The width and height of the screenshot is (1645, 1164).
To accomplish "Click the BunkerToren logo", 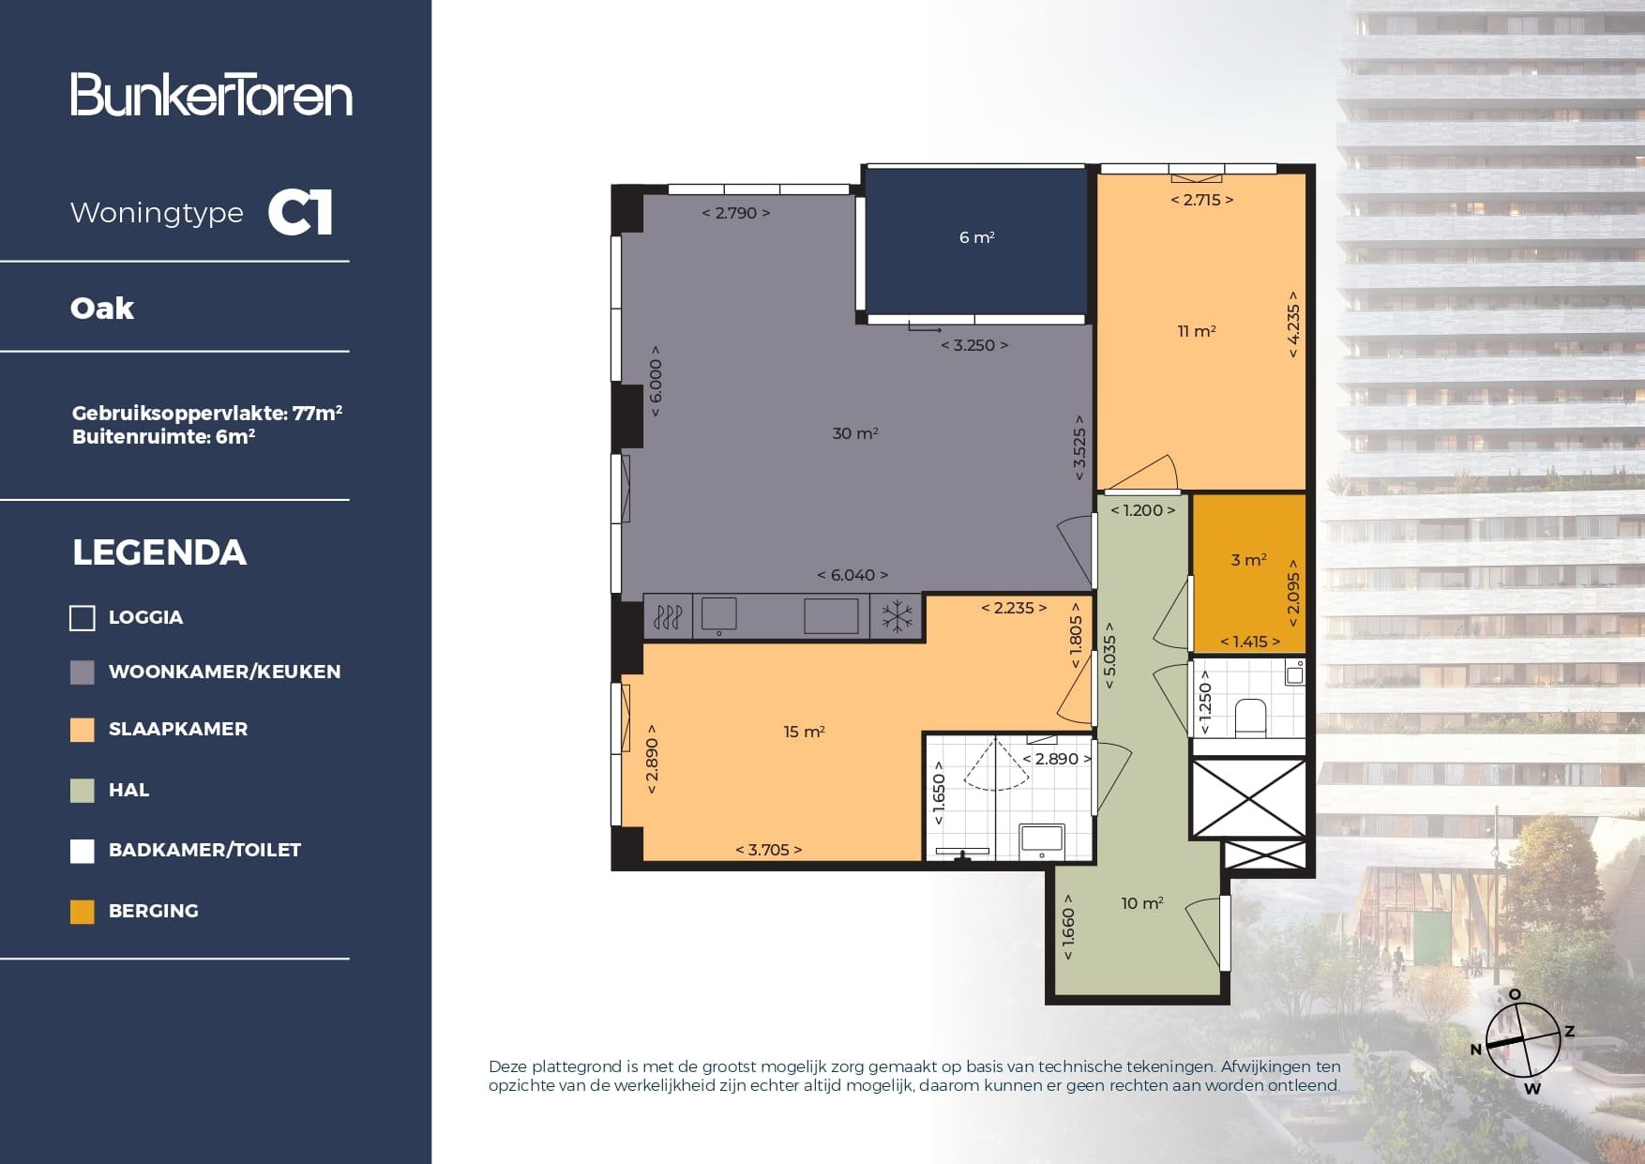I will click(211, 95).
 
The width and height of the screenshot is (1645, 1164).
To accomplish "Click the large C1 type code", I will click(300, 213).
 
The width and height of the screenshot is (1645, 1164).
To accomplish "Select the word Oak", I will click(102, 309).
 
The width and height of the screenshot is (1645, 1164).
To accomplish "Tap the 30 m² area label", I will click(854, 433).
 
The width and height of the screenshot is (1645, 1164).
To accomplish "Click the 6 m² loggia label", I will click(976, 237).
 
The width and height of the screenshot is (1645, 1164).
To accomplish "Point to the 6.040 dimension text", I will click(852, 575).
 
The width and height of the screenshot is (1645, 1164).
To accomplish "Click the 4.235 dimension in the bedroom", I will click(1292, 324).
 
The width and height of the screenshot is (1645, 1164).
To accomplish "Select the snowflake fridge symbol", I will click(897, 617).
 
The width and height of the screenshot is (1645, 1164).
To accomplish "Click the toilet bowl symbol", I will click(1250, 717).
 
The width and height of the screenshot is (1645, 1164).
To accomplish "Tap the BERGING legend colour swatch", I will click(83, 912).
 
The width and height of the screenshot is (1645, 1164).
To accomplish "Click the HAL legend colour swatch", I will click(83, 791).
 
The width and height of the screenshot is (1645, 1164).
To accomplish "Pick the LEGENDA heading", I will click(159, 552).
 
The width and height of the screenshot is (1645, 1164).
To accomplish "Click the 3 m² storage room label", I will click(1248, 560).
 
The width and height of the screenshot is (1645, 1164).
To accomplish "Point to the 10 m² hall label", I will click(1141, 903).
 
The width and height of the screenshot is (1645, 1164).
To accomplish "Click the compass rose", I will click(1522, 1040).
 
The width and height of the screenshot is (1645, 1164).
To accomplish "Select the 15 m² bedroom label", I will click(804, 732).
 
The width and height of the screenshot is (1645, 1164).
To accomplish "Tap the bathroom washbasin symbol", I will click(1042, 838).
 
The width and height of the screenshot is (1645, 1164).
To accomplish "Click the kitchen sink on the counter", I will click(718, 615).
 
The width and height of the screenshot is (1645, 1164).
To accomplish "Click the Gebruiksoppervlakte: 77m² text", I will click(206, 413).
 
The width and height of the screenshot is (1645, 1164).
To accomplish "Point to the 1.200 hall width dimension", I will click(1142, 510).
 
